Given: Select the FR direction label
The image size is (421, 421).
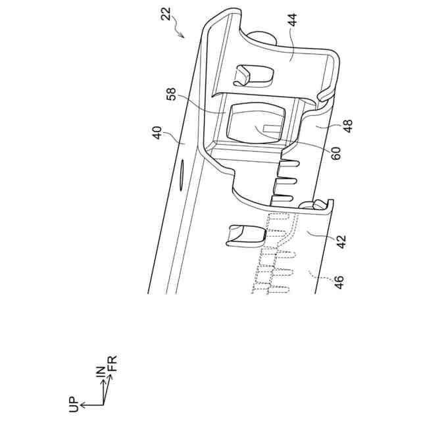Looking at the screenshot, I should [x=112, y=363].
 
